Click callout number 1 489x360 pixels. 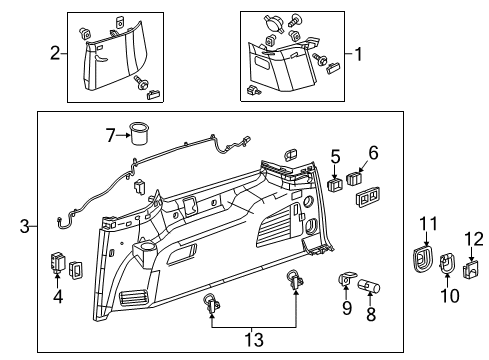pyautogui.click(x=350, y=53)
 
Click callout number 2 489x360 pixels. pyautogui.click(x=54, y=53)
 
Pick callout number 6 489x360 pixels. pyautogui.click(x=374, y=152)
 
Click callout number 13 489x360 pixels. pyautogui.click(x=254, y=340)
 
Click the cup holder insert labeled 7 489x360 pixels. pyautogui.click(x=139, y=133)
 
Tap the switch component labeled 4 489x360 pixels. pyautogui.click(x=56, y=265)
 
